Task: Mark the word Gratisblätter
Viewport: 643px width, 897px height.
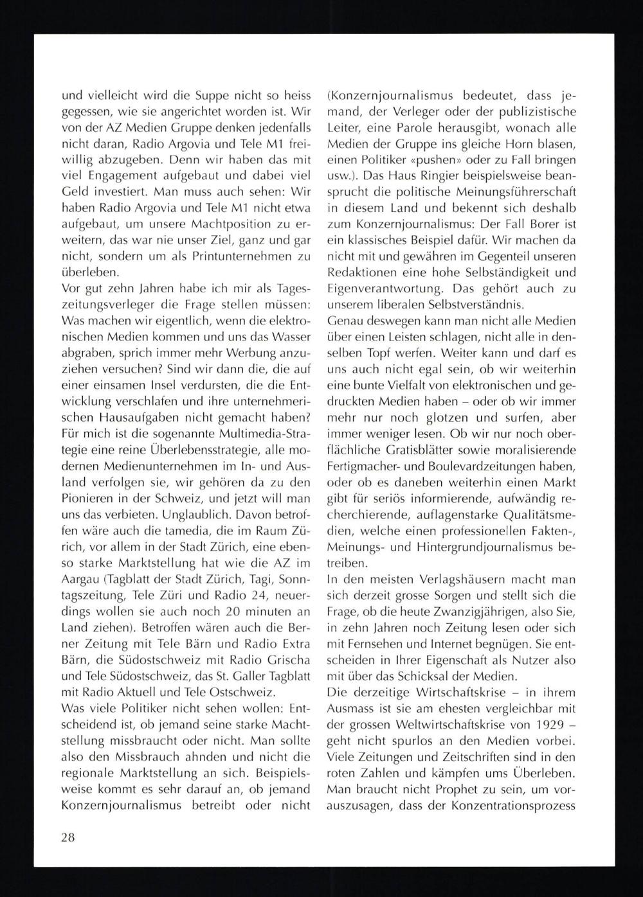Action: [409, 450]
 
